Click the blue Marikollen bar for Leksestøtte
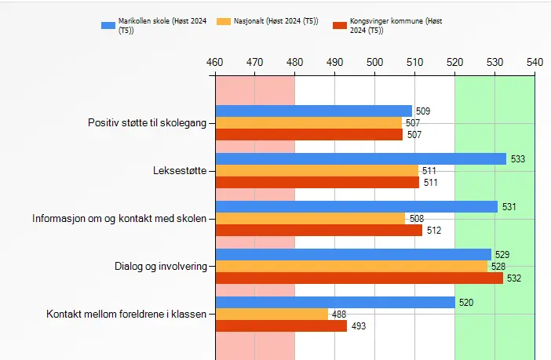coord(360,159)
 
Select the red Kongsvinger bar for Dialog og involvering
coord(359,278)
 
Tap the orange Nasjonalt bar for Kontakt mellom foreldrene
coord(272,314)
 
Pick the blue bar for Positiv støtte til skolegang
coord(313,111)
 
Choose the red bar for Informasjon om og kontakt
coord(319,231)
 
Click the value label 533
coord(517,159)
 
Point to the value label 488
coord(339,314)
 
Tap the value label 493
coord(358,325)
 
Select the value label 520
coord(466,302)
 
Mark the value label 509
coord(423,111)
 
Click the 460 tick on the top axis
coord(215,60)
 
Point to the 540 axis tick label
coord(535,60)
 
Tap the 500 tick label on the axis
coord(375,60)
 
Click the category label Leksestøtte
coord(180,170)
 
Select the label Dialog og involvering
coord(160,266)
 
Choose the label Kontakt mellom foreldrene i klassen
coord(126,314)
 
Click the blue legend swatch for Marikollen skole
coord(108,25)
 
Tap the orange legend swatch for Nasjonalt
coord(224,21)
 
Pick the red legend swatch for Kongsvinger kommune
coord(340,25)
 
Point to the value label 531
coord(509,207)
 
